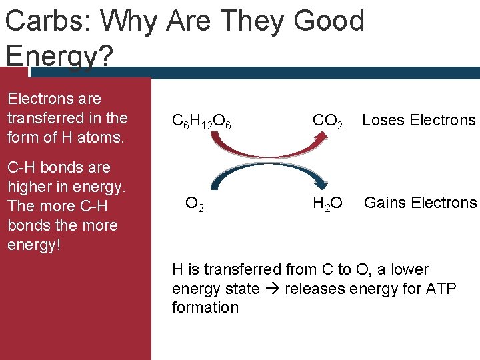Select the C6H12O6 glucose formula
point(201,121)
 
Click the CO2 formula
point(328,121)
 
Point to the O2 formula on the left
point(195,203)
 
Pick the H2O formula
point(328,203)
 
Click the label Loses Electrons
point(419,120)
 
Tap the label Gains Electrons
point(420,203)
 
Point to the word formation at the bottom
point(205,307)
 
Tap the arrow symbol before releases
point(268,289)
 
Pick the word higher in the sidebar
point(28,186)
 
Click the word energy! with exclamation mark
point(34,244)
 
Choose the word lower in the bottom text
point(409,269)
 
